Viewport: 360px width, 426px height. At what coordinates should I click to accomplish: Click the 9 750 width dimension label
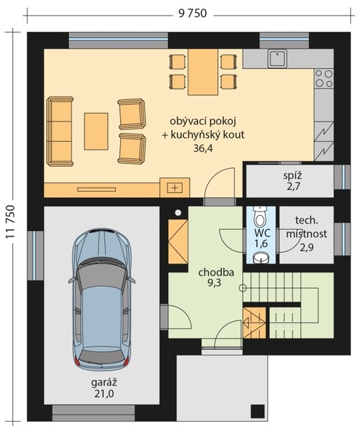coord(192,13)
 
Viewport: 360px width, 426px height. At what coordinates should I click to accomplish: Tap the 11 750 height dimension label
coord(10,222)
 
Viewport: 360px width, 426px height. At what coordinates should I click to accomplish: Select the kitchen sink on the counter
coord(277,58)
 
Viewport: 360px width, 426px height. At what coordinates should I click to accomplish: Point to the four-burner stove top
coord(324,79)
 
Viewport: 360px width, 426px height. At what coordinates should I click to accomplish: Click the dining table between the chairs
coord(203,72)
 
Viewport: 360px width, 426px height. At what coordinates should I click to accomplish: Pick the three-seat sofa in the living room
coord(60,131)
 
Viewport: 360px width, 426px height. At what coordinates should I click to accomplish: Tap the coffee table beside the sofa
coord(96,131)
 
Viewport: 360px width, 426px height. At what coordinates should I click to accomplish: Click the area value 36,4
coord(203,148)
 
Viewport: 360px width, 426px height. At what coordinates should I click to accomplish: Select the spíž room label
coord(293,176)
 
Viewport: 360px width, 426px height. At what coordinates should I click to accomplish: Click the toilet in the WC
coord(261,217)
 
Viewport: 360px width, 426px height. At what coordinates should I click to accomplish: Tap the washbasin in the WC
coord(261,258)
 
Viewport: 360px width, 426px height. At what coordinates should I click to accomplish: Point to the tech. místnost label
coord(307,227)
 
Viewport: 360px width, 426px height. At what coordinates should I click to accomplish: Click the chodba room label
coord(216,273)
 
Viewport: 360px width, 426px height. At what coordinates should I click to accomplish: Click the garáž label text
coord(104,382)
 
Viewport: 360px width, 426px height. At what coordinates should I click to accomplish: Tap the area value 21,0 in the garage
coord(104,393)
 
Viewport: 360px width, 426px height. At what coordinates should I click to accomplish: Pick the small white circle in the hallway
coord(178,213)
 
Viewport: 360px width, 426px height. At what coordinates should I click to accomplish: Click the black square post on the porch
coord(258,411)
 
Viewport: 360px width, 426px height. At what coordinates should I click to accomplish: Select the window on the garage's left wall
coord(35,256)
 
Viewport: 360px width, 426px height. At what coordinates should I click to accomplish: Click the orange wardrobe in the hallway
coord(178,241)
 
